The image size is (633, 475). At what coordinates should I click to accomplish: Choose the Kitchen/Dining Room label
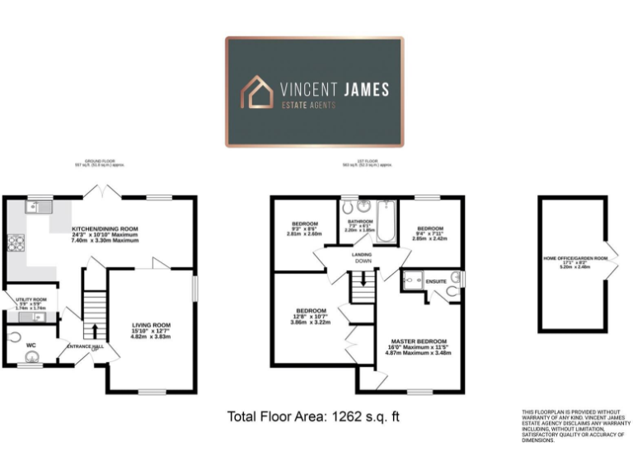tap(105, 228)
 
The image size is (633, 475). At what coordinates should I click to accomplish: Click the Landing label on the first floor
tap(362, 255)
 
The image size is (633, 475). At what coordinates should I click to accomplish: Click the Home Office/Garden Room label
tap(574, 259)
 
